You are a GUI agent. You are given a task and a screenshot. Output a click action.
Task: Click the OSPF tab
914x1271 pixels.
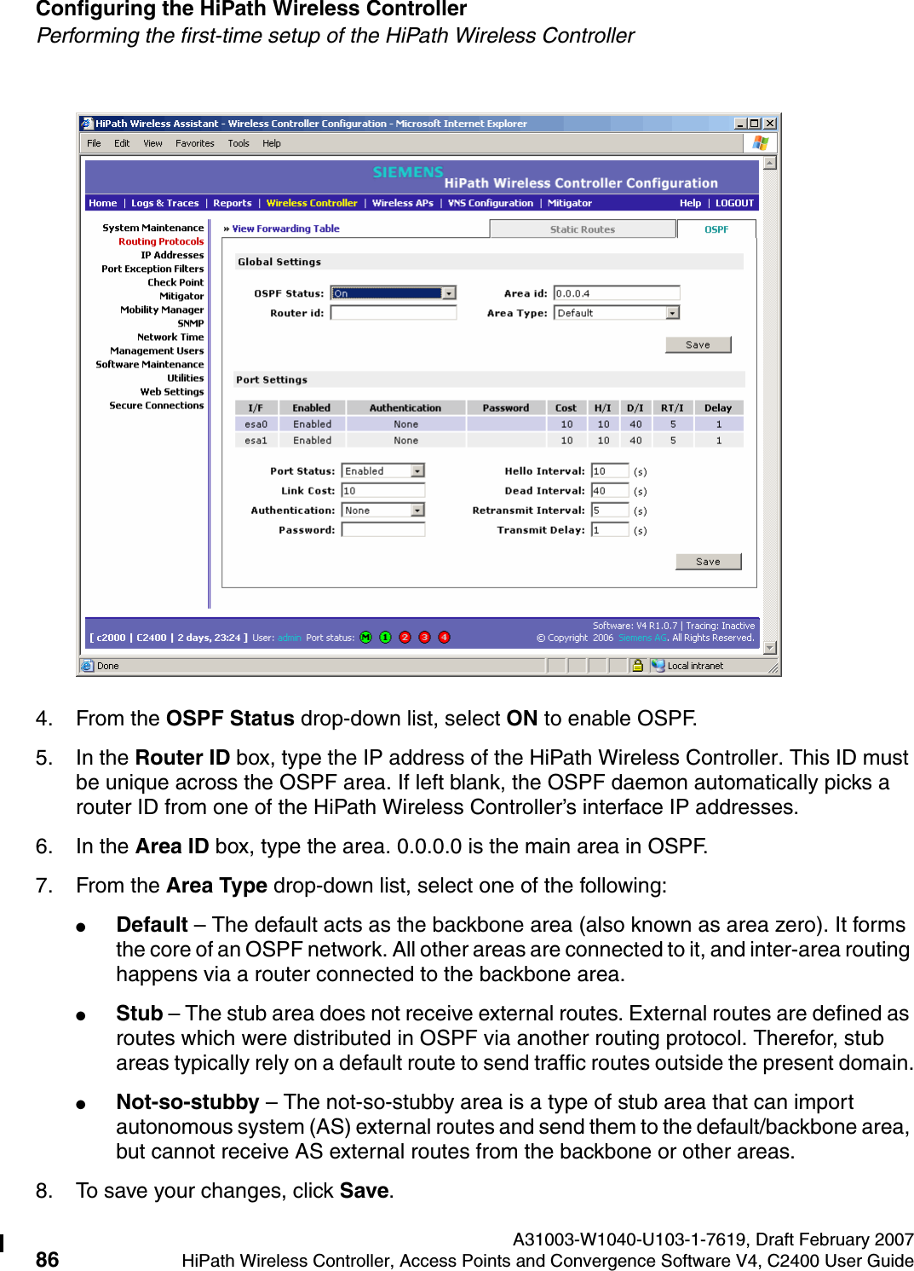click(716, 229)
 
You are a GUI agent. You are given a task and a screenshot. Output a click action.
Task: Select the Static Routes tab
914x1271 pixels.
click(582, 229)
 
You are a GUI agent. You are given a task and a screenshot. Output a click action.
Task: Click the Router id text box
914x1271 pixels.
click(393, 313)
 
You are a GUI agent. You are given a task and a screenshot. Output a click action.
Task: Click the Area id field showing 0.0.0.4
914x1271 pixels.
click(616, 293)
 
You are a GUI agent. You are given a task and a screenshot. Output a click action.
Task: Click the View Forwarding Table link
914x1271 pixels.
click(285, 228)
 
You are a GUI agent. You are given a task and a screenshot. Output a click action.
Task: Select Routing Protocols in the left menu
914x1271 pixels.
click(161, 241)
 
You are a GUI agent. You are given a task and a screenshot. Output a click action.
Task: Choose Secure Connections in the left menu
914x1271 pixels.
click(156, 405)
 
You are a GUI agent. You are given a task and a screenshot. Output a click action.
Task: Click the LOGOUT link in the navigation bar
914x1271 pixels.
click(734, 203)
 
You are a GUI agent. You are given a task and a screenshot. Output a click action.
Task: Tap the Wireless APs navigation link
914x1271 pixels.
click(402, 203)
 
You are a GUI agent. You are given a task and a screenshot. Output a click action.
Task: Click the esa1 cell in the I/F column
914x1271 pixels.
click(256, 441)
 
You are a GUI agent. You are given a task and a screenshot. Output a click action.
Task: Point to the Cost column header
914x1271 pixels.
click(566, 408)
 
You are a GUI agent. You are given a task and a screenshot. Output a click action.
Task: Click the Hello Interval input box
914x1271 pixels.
click(609, 471)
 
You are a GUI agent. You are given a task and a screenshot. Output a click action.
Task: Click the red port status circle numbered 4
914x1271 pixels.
click(444, 638)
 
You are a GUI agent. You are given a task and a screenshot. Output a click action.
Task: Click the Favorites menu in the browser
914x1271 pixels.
click(194, 143)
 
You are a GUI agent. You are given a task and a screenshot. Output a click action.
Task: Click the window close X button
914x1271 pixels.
click(769, 124)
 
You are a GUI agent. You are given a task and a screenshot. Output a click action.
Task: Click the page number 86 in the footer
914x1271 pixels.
click(47, 1259)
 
